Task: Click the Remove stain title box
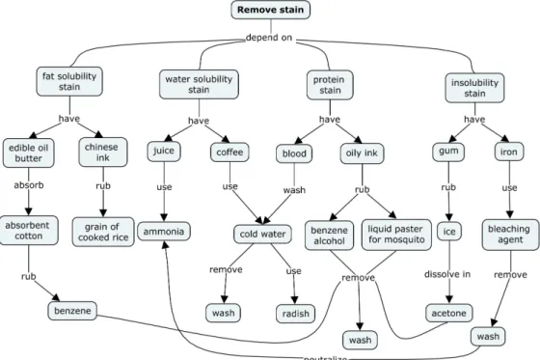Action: coord(270,10)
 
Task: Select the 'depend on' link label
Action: coord(269,38)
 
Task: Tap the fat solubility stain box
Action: coord(69,81)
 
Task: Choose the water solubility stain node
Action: coord(199,85)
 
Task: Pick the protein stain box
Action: coord(330,85)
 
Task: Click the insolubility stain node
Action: coord(474,88)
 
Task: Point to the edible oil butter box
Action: coord(29,153)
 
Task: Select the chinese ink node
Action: coord(102,152)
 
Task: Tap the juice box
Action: coord(164,151)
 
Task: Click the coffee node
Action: coord(229,152)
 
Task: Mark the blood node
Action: coord(294,153)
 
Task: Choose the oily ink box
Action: coord(362,153)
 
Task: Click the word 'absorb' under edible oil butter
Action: coord(29,185)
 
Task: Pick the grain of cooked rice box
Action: coord(103,232)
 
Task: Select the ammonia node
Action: coord(164,231)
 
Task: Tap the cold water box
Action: coord(262,235)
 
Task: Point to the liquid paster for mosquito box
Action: coord(396,235)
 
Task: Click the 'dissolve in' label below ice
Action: coord(447,274)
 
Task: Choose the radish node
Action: coord(295,314)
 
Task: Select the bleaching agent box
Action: coord(510,235)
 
